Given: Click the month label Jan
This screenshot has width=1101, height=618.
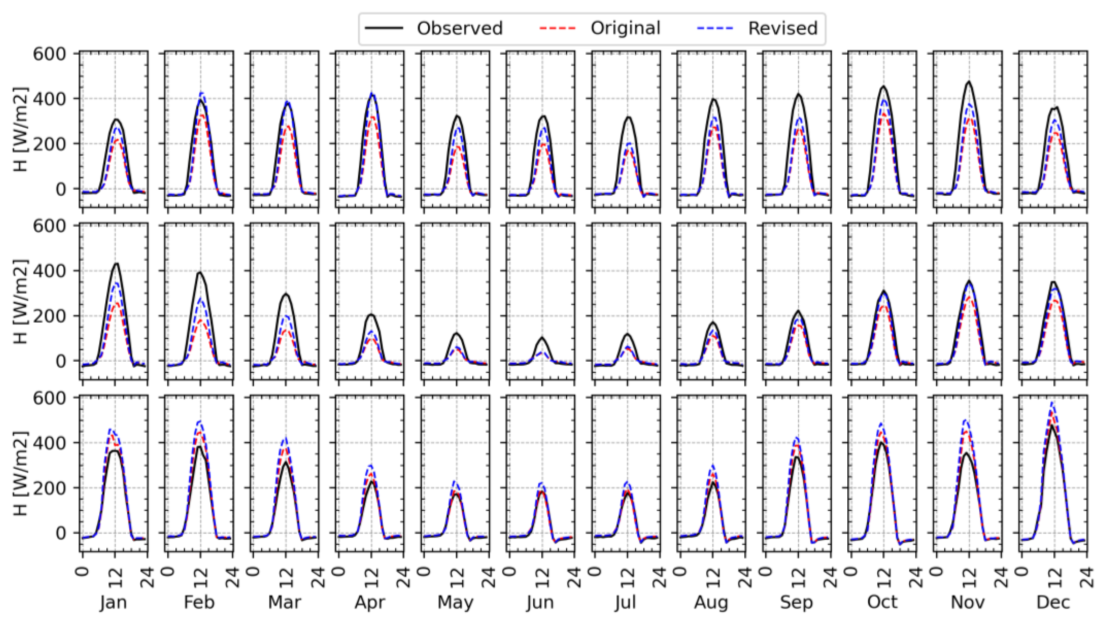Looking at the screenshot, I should coord(114,602).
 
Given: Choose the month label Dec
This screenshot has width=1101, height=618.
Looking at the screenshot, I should coord(1054,602).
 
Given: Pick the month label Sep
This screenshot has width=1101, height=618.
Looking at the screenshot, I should coord(797,602).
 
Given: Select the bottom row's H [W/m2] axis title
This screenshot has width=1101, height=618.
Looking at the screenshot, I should coord(21,474).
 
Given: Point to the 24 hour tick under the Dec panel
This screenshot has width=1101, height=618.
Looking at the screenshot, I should coord(1087,576).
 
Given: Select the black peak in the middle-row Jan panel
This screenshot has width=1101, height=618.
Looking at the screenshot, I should coord(115,264).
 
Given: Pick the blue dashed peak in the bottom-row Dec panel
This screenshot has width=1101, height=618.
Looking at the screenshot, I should coord(1052,402).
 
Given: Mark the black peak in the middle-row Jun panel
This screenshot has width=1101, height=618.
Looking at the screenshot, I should coord(542,338).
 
